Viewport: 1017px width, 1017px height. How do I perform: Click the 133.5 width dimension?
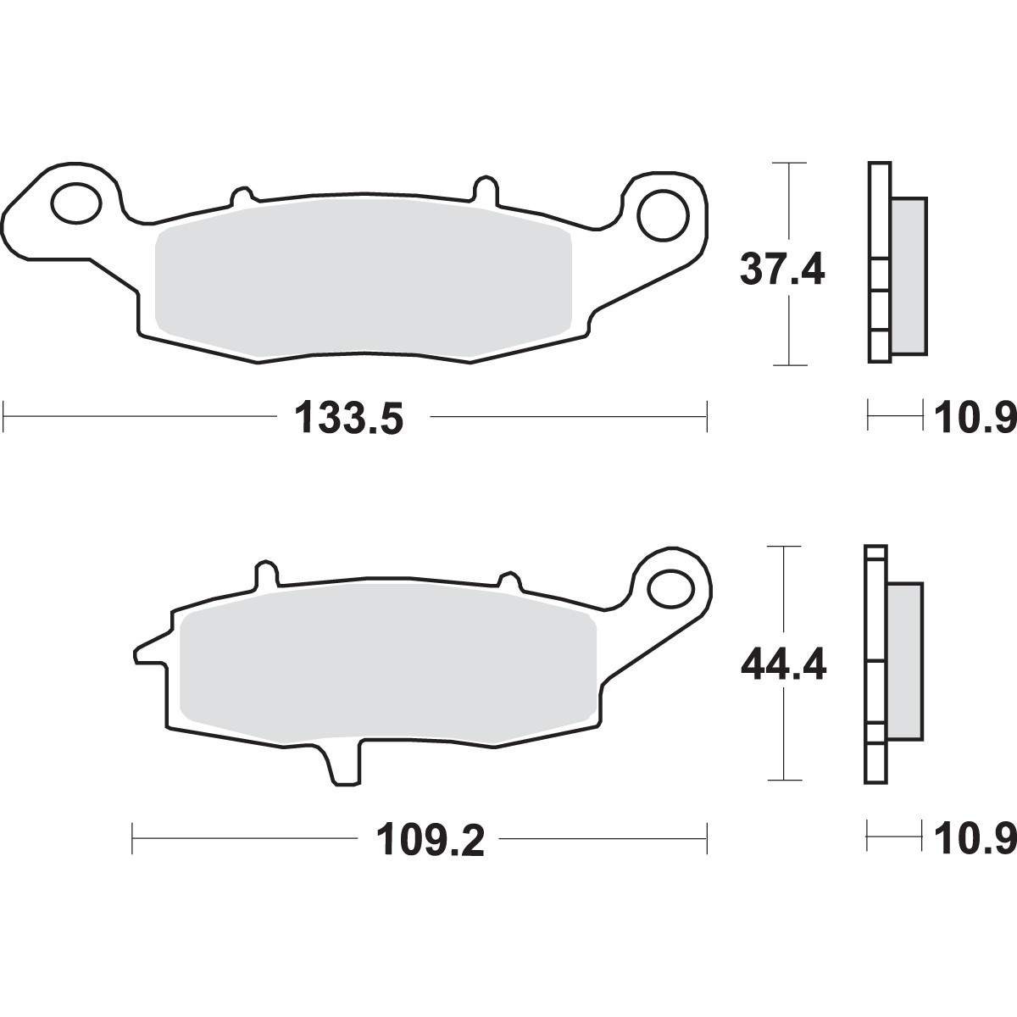[347, 419]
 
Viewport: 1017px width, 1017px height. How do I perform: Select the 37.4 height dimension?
[781, 270]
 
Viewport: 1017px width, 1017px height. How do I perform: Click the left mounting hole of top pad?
[76, 203]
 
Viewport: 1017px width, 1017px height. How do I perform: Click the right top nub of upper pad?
[484, 186]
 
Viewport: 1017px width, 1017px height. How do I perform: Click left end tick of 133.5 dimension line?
[5, 417]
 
